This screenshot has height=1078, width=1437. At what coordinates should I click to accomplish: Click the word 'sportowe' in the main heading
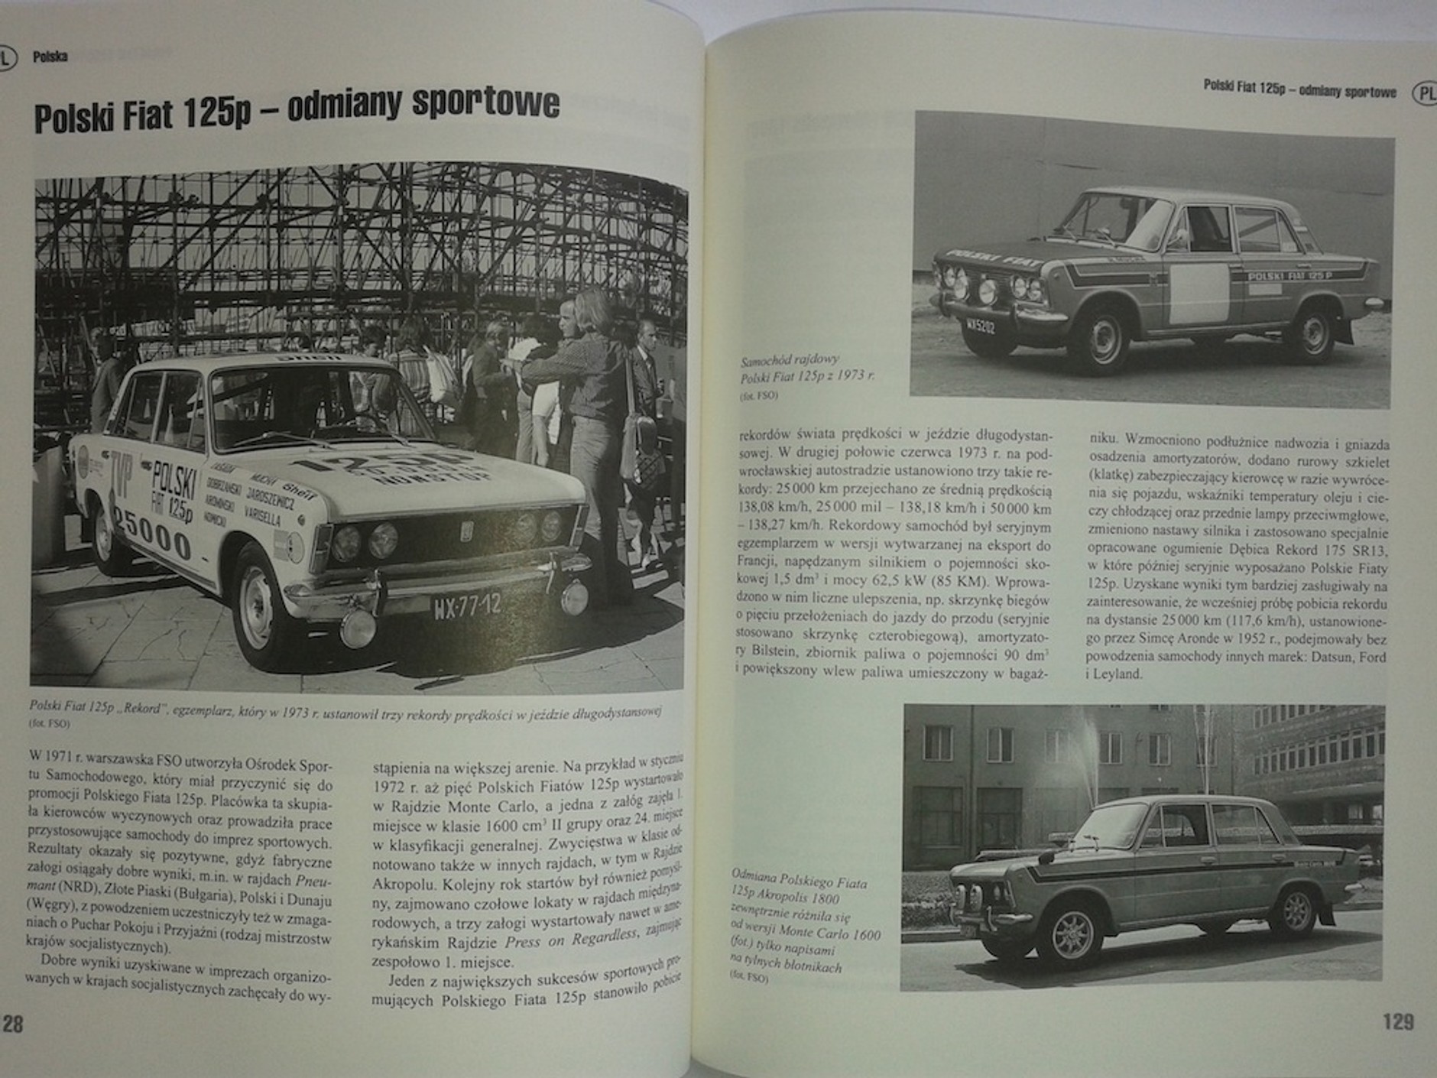485,104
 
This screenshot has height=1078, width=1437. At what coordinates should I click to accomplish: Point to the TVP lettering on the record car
122,475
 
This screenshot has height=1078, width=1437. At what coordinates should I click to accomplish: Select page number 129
1398,1022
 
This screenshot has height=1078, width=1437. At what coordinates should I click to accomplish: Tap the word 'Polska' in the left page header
50,57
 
